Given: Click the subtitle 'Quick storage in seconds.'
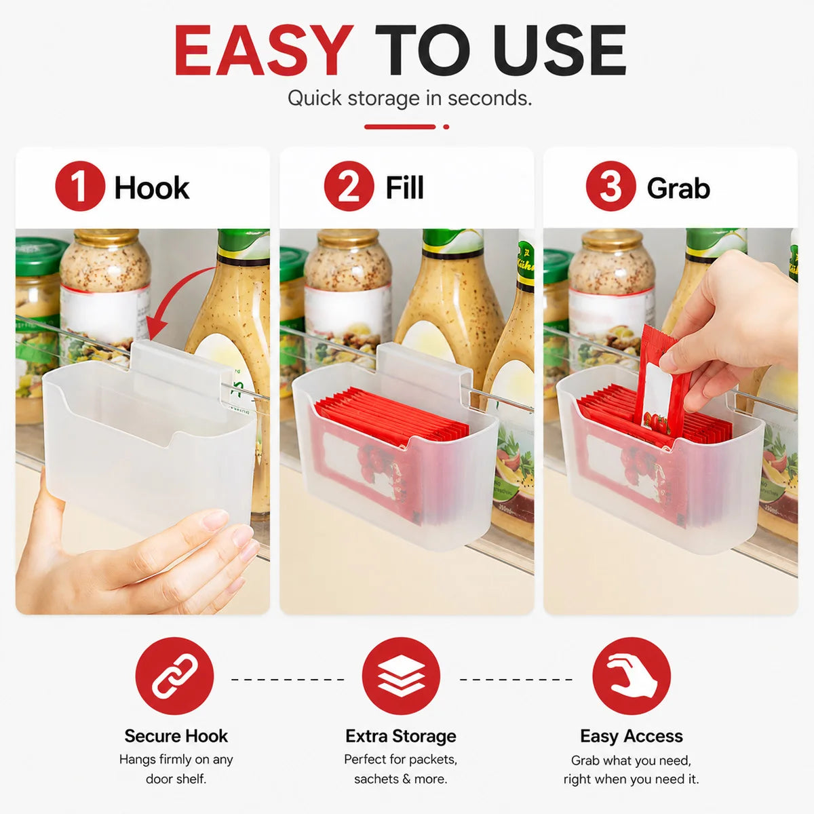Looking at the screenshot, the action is [x=409, y=98].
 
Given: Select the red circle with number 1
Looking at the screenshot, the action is [x=80, y=186].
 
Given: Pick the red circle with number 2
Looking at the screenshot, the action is [x=349, y=186].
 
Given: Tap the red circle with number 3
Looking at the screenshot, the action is [x=610, y=186].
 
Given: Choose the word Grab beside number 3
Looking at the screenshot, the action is [x=678, y=189].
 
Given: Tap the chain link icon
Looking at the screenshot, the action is [x=174, y=676].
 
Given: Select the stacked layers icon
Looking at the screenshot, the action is [x=401, y=676].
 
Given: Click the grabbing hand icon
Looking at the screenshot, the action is [x=632, y=676].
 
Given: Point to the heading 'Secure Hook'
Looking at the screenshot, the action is [x=176, y=736].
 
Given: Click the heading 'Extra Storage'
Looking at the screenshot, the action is [x=401, y=736].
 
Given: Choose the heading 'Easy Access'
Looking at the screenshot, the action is [x=632, y=736].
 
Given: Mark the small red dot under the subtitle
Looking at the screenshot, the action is [x=446, y=127].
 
